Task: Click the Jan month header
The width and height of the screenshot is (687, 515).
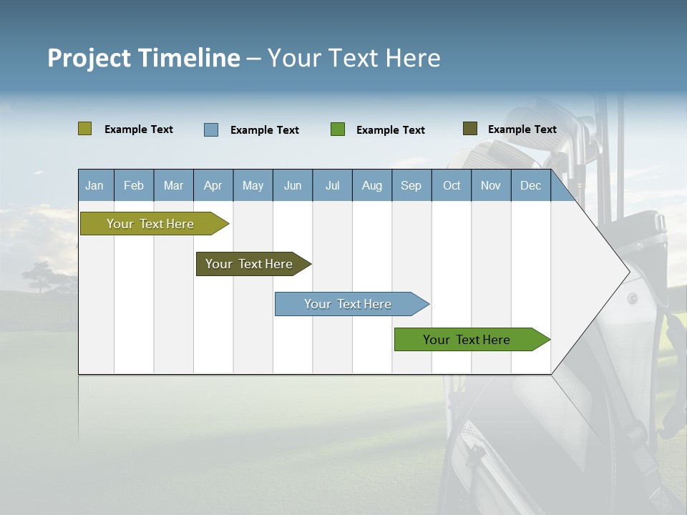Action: point(94,185)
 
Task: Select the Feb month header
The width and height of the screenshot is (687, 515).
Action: point(134,185)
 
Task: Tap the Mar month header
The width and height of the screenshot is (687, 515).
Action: point(173,185)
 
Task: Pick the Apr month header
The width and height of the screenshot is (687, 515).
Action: point(213,185)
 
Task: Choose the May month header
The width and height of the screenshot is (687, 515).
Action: point(253,185)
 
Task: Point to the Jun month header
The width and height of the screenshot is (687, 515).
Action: point(293,185)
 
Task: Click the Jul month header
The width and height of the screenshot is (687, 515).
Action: point(332,185)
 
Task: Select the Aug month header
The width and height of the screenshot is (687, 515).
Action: point(371,185)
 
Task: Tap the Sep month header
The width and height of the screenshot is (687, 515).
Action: point(411,185)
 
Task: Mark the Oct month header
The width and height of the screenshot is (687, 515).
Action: point(452,185)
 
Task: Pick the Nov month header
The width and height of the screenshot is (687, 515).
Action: point(491,185)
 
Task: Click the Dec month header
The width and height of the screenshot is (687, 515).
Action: point(530,185)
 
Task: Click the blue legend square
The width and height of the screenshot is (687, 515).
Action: point(211,129)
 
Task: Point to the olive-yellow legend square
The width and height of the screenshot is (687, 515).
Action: point(84,129)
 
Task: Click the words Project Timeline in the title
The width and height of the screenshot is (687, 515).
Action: point(144,58)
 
